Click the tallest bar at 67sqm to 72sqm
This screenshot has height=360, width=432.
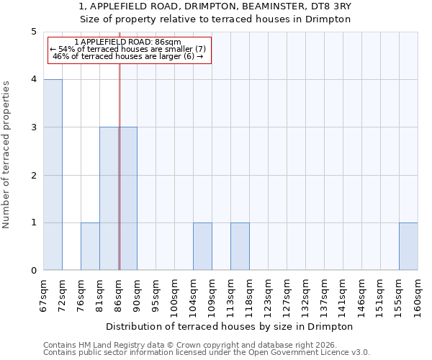tap(53, 175)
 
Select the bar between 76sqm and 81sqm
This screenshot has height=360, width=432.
tap(90, 247)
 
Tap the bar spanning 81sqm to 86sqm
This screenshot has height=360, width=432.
tap(109, 199)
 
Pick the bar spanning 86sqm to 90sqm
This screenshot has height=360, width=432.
tap(128, 199)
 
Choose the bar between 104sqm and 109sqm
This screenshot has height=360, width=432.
tap(202, 247)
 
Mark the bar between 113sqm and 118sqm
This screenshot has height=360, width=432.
tap(240, 247)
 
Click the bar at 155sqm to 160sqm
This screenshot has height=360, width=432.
tap(408, 247)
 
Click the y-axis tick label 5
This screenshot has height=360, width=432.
tap(34, 32)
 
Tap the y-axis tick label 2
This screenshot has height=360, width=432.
tap(34, 175)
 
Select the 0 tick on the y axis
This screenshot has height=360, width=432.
tap(34, 271)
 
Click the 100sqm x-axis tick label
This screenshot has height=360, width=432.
tap(175, 295)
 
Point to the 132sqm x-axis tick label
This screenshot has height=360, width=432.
tap(306, 295)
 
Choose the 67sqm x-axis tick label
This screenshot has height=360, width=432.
tap(44, 295)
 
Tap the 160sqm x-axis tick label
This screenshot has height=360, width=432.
tap(418, 295)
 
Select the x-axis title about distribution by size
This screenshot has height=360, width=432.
tap(230, 326)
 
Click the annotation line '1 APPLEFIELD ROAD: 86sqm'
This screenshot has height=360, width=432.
tap(128, 42)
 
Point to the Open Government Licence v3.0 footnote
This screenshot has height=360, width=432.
tap(207, 353)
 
